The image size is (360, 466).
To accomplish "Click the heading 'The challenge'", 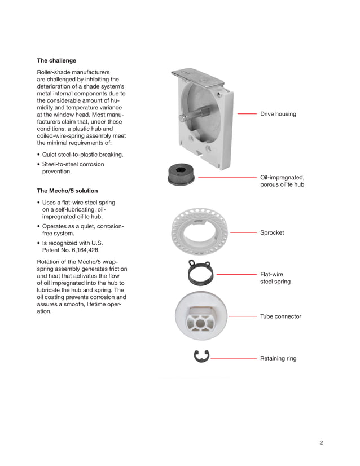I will point(56,60).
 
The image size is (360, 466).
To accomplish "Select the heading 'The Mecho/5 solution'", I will point(67,191).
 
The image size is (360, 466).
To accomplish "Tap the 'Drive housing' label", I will point(278,114).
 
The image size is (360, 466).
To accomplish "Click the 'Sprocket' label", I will point(272,232).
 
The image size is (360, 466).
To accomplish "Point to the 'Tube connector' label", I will point(280,316).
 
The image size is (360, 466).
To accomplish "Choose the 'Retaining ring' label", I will point(278,358).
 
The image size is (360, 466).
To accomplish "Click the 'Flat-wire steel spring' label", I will point(275,277).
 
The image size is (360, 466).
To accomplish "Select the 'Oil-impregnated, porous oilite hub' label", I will point(282,181).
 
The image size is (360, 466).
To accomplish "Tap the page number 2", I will point(321,442).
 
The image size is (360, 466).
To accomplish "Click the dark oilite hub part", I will point(181,175).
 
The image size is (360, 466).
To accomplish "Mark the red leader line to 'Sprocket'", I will point(243,232).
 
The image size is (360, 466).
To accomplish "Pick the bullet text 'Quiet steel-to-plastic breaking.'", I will point(82,155).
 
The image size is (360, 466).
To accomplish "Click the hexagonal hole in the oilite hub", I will point(181,171).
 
